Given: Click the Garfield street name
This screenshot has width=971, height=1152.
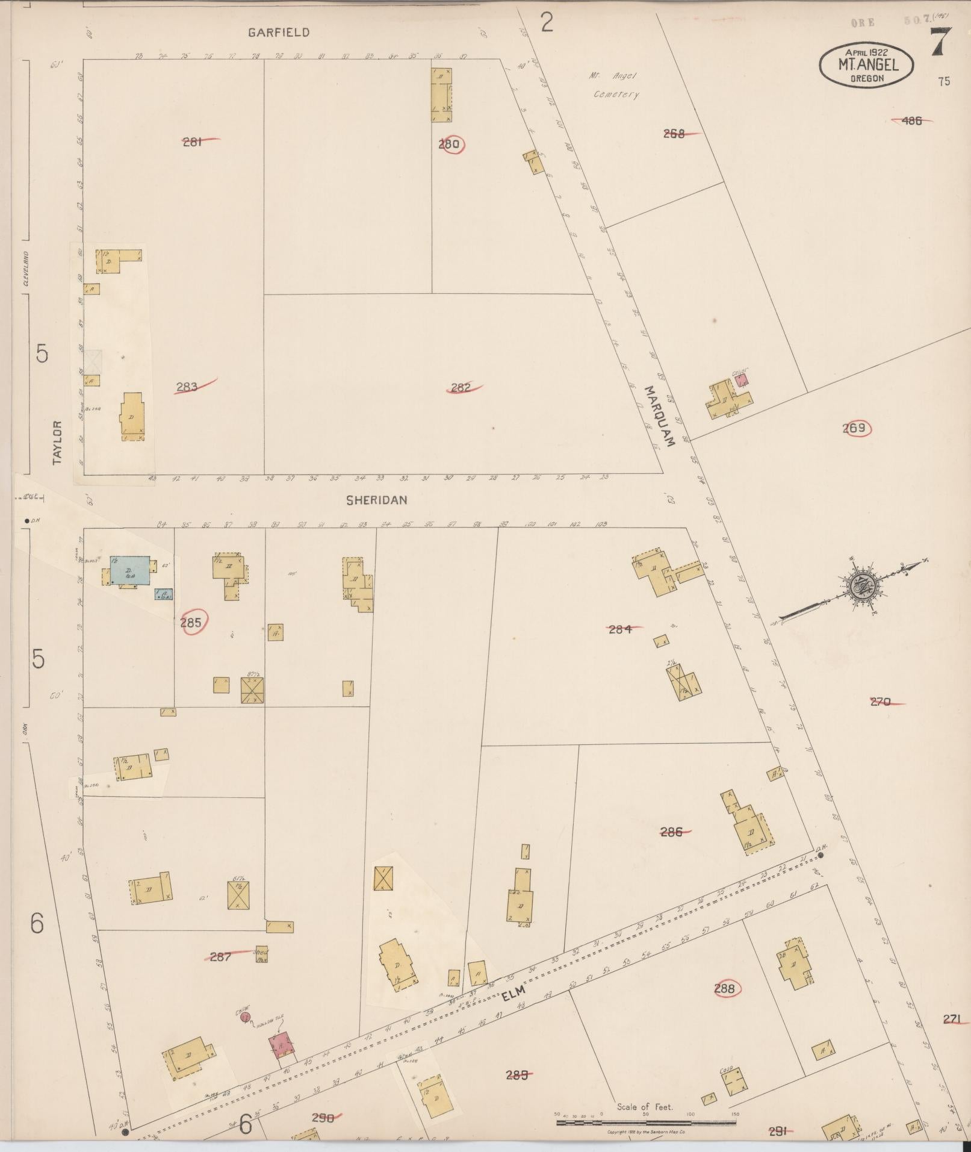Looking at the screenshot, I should tap(279, 33).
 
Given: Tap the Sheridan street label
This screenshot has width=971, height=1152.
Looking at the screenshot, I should tap(377, 500).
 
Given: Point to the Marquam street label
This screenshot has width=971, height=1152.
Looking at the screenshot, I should tap(659, 416).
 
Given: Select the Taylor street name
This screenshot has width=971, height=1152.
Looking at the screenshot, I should tap(58, 443).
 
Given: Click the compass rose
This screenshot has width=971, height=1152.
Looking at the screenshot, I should tap(862, 584).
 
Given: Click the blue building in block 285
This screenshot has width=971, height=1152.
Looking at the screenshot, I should tap(129, 570).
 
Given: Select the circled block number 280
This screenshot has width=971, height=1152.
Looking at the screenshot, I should tap(450, 144).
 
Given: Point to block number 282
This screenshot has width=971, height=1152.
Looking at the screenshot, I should tap(461, 388).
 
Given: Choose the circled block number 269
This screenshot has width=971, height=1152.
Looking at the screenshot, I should tap(854, 428).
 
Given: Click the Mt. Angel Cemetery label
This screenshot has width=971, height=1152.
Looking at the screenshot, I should tap(614, 85).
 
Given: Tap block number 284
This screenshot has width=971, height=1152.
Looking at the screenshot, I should tap(620, 629).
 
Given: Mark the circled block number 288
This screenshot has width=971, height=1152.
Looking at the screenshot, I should tap(724, 988).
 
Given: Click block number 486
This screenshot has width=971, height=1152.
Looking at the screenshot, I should tap(912, 120).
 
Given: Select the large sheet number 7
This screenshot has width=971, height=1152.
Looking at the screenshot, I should tap(941, 43).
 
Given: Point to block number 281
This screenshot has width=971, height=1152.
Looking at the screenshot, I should tap(192, 142).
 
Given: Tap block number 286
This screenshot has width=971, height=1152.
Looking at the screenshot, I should tap(671, 832).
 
